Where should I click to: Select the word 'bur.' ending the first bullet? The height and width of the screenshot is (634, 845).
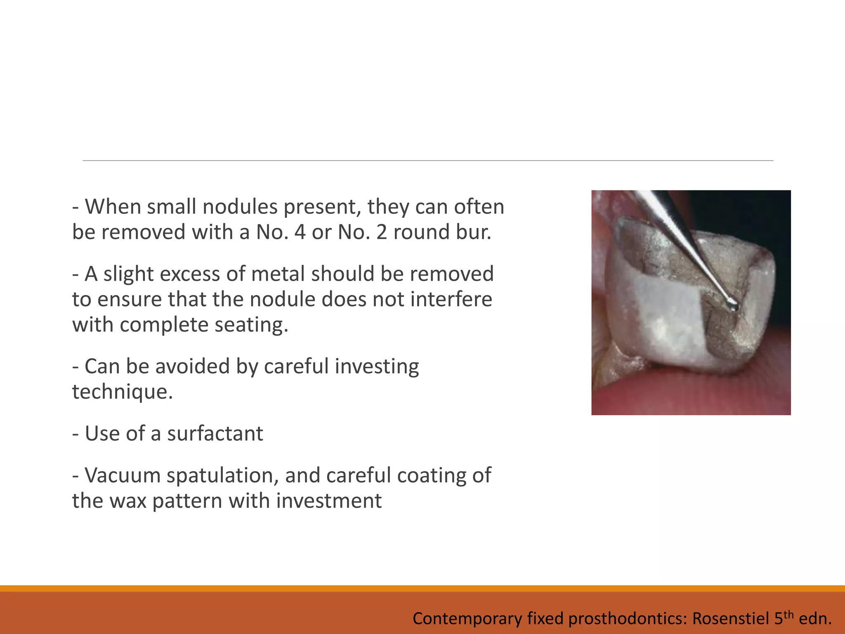coord(474,232)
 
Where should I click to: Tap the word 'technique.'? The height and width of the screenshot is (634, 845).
coord(123,392)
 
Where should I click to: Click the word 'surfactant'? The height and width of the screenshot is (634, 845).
coord(215,434)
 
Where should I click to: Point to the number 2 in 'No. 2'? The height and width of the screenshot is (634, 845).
coord(382,232)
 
